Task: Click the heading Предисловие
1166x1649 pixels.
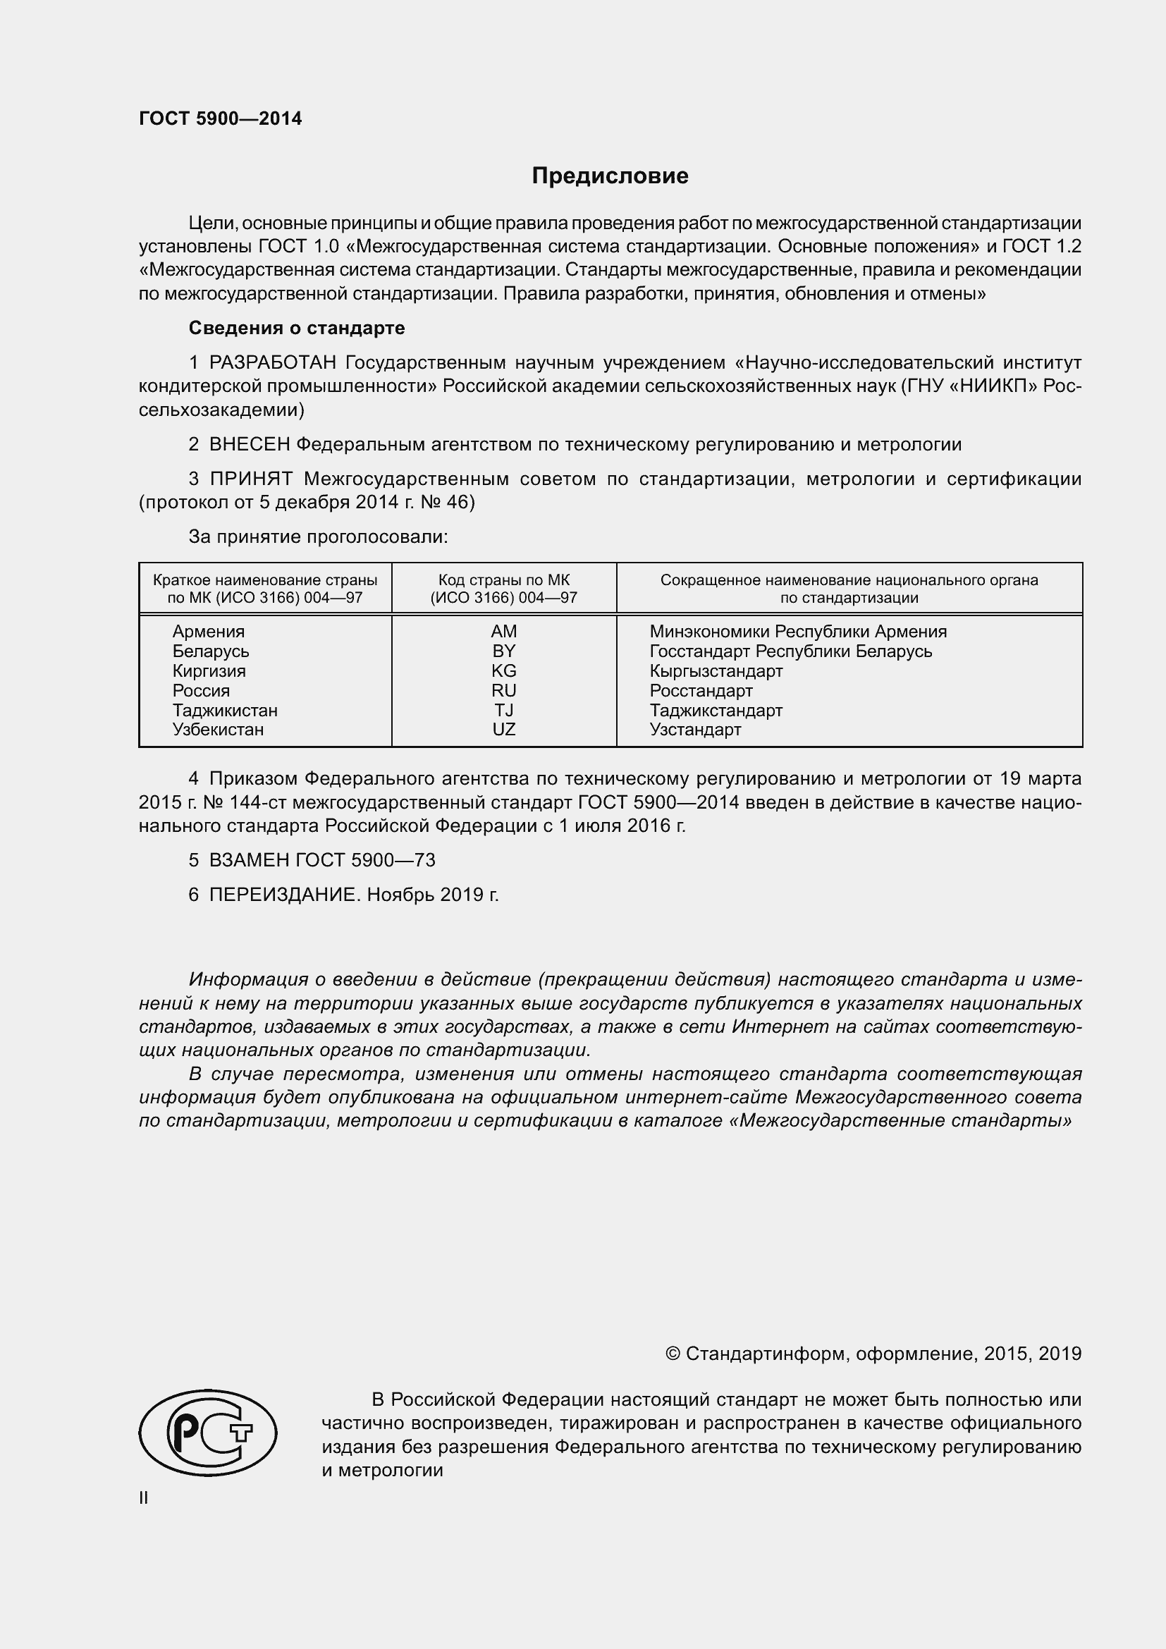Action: coord(610,176)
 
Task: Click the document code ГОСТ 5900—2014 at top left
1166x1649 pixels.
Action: coord(221,118)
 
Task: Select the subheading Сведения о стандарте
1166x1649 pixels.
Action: coord(297,329)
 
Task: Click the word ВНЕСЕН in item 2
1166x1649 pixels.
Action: coord(249,445)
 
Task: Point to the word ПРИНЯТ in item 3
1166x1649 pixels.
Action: coord(250,479)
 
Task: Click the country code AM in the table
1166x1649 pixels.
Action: coord(503,631)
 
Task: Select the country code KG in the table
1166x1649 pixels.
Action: coord(503,670)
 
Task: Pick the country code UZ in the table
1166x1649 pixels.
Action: coord(503,730)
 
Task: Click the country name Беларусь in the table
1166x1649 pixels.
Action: coord(210,651)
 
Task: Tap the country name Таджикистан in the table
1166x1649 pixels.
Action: coord(225,711)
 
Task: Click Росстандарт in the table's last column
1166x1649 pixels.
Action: coord(701,691)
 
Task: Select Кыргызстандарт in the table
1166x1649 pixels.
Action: coord(716,670)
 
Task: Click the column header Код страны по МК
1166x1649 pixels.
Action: coord(503,580)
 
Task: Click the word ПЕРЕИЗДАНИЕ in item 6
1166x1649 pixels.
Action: coord(282,895)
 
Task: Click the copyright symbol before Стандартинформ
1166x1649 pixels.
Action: coord(672,1354)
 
